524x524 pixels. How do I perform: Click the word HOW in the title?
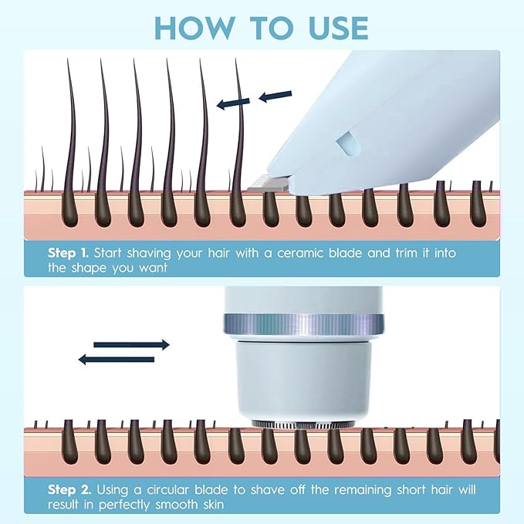click(x=194, y=28)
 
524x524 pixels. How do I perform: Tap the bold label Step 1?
click(x=68, y=253)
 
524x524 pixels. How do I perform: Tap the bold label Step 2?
click(x=69, y=490)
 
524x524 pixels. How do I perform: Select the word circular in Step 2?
click(x=167, y=490)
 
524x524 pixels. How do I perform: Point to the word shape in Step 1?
click(x=90, y=268)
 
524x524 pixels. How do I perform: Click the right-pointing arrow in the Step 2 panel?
click(x=131, y=345)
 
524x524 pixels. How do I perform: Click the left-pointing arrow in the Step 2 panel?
click(x=117, y=360)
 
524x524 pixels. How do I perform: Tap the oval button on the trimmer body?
click(x=349, y=143)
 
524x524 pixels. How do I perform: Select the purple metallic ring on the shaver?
click(x=303, y=325)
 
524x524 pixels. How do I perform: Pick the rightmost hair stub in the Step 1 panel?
click(x=478, y=204)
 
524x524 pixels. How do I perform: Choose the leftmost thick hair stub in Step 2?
click(x=69, y=441)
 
